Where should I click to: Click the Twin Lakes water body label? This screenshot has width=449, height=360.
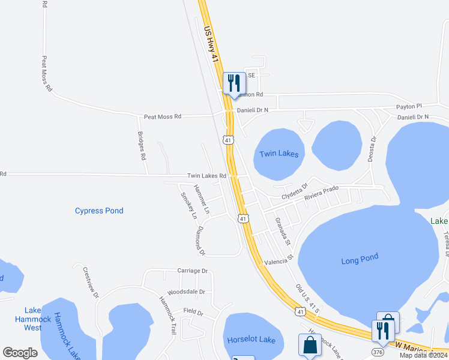(279, 154)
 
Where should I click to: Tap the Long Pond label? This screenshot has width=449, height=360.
(360, 258)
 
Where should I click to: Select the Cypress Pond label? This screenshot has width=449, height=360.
(99, 211)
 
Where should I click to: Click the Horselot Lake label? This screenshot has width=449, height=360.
(251, 340)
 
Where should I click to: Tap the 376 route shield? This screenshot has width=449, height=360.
(378, 352)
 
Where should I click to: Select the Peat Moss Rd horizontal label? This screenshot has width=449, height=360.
(162, 116)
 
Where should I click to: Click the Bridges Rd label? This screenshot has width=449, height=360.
(142, 146)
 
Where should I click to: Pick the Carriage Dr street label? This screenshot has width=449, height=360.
(192, 271)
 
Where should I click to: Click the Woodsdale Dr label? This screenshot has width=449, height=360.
(186, 292)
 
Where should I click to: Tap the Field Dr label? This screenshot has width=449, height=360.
(194, 313)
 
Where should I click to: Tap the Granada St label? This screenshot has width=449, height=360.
(283, 231)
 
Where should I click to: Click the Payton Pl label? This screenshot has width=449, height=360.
(409, 106)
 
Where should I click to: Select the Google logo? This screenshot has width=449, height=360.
(20, 353)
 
